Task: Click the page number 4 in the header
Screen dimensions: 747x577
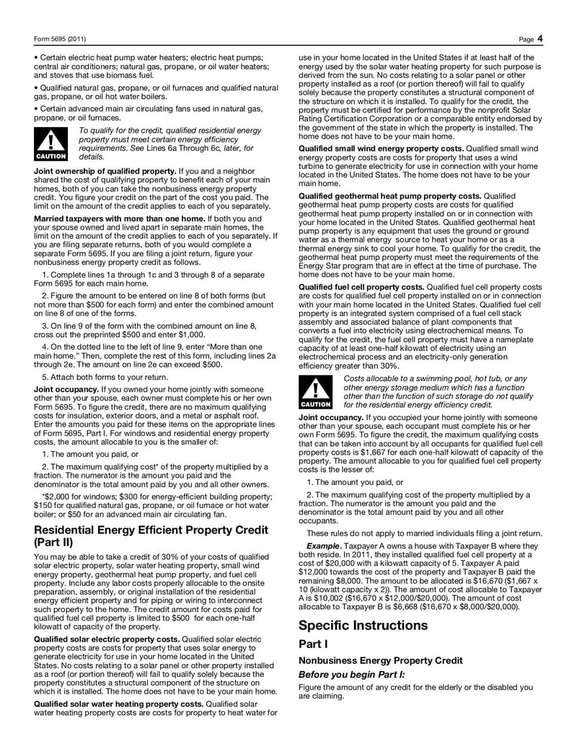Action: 539,38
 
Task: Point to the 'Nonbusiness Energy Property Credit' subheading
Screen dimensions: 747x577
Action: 371,660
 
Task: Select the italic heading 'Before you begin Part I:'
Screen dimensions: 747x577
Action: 352,674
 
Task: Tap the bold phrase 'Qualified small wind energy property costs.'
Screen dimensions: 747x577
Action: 382,148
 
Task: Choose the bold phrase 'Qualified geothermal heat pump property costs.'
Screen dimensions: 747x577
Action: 389,196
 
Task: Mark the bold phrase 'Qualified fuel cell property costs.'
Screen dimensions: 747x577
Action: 361,287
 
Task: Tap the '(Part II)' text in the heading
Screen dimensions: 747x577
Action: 55,543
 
